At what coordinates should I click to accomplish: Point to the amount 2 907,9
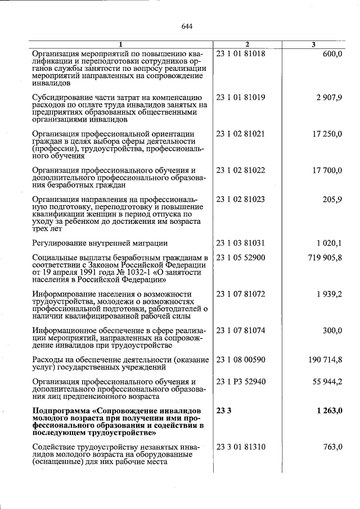click(328, 97)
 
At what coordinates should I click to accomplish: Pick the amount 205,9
click(332, 200)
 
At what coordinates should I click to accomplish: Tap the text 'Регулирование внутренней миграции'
click(100, 244)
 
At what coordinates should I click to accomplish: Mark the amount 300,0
click(332, 331)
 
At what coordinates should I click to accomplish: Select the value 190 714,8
click(325, 359)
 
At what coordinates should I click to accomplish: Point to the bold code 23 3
click(223, 411)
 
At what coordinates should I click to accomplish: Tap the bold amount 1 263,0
click(328, 411)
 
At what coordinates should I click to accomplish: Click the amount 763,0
click(332, 447)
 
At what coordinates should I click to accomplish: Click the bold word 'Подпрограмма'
click(62, 411)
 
